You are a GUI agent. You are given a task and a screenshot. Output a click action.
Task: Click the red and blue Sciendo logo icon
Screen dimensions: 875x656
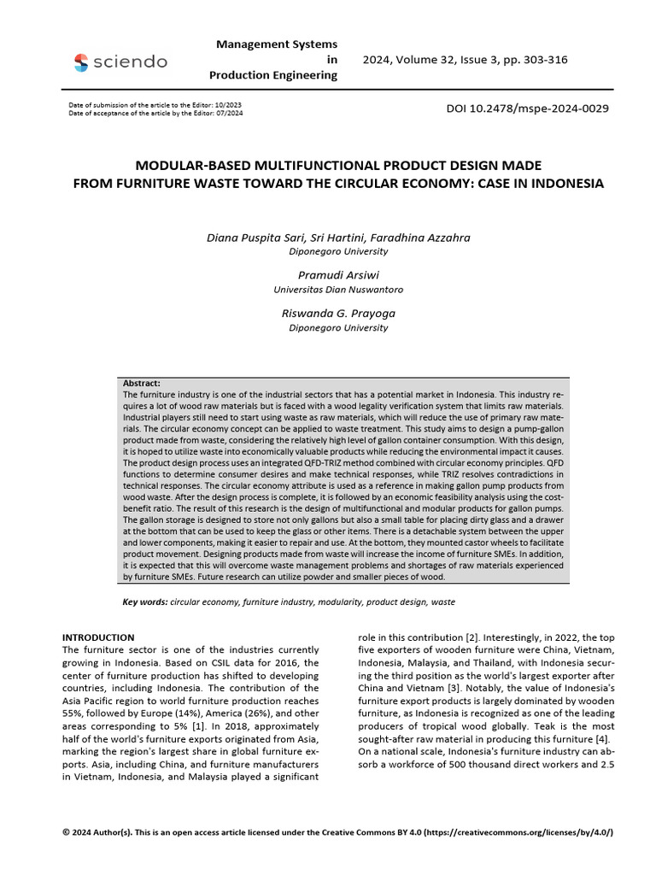coord(81,62)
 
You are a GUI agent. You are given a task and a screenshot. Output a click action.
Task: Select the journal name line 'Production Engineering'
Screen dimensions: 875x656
coord(273,75)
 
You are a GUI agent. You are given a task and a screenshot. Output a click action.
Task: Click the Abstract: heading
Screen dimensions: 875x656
coord(142,384)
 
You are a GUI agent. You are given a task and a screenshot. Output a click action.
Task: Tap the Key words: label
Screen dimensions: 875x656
coord(145,602)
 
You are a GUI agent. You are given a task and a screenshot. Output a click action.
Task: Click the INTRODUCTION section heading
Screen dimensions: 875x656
coord(99,637)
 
